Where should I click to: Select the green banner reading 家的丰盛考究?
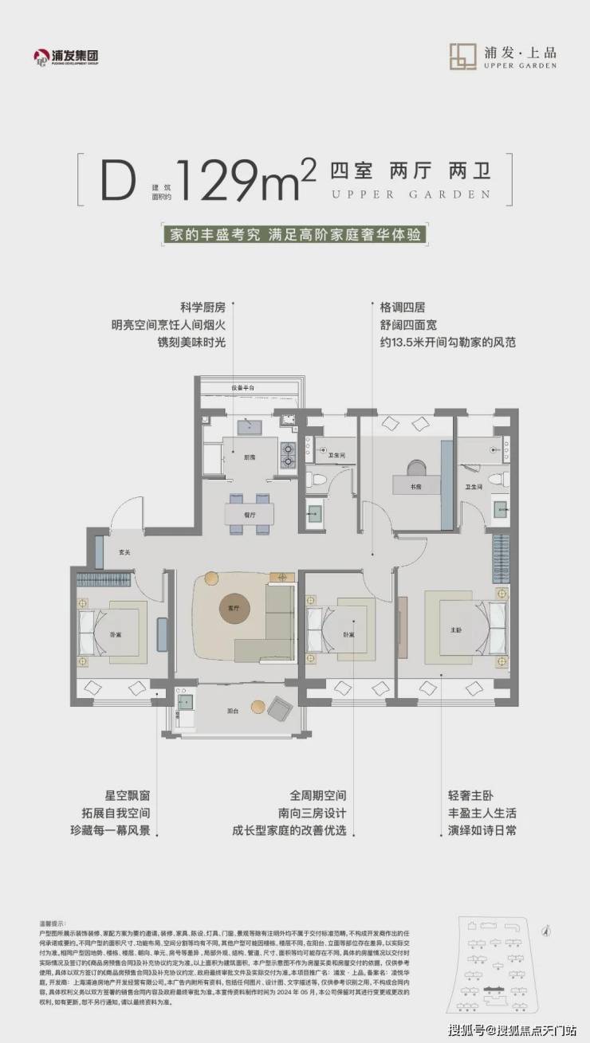point(294,235)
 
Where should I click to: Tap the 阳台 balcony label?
point(233,711)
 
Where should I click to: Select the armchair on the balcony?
point(280,708)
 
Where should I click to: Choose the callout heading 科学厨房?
point(192,307)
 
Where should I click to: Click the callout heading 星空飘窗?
point(128,774)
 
